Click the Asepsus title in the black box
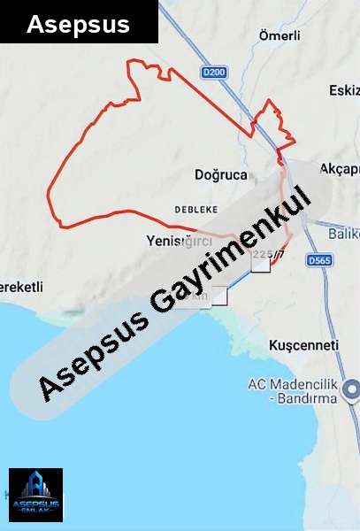click(x=78, y=24)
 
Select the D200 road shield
click(x=214, y=72)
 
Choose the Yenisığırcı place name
click(x=179, y=240)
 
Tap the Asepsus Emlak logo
click(x=35, y=496)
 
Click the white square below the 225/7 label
click(x=261, y=266)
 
